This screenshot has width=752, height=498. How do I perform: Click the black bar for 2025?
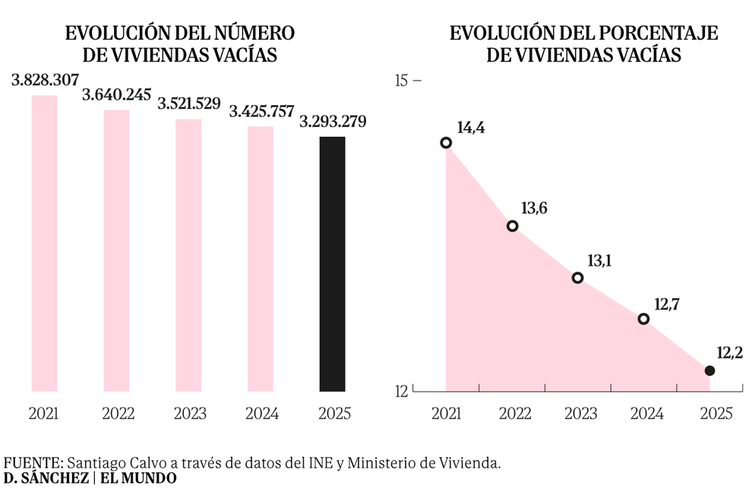[332, 264]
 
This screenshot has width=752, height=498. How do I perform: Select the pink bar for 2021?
[44, 243]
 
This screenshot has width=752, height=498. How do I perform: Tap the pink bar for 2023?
[188, 255]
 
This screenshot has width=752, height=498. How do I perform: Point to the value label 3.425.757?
[261, 112]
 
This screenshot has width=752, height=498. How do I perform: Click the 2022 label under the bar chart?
[118, 414]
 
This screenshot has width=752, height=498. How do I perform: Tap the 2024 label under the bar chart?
[261, 414]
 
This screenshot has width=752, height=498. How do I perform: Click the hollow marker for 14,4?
[446, 143]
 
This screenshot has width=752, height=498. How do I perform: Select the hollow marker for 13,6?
[512, 226]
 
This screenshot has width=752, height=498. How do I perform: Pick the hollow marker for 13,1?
[577, 278]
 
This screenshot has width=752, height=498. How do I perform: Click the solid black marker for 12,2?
[709, 370]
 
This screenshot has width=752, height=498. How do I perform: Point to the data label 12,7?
[666, 304]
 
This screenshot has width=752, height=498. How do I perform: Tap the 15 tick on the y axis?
[402, 80]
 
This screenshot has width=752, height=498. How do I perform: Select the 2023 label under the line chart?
[581, 414]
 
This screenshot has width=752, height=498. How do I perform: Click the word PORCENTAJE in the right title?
[653, 33]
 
